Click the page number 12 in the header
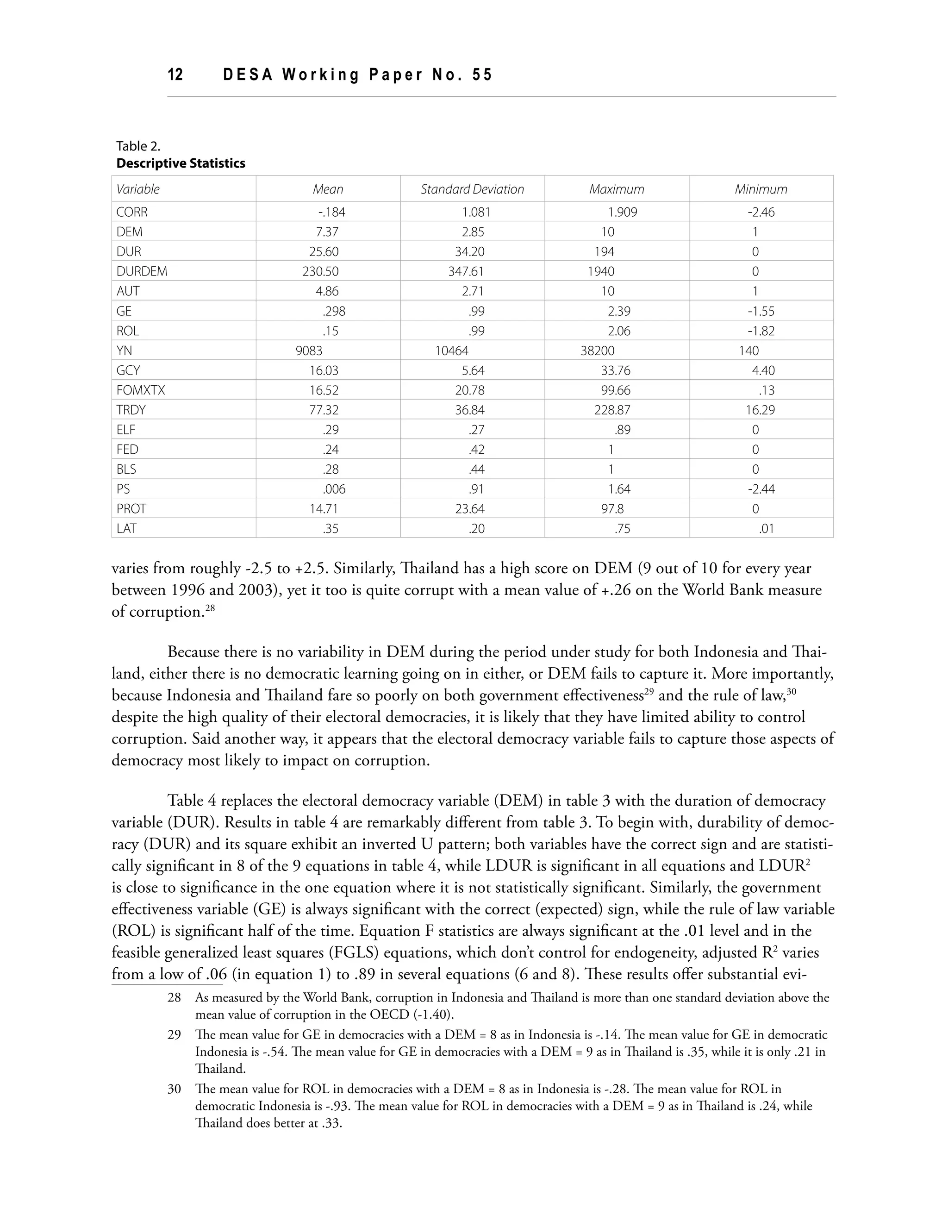point(175,75)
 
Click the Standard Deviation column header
point(472,189)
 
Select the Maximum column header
point(616,189)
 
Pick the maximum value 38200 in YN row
point(597,351)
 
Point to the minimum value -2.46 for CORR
point(761,213)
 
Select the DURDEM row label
point(142,271)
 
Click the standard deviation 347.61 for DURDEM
point(466,271)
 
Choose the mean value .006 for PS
point(334,489)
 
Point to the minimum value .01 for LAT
point(766,529)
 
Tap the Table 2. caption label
point(138,146)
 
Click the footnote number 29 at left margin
point(174,1034)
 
